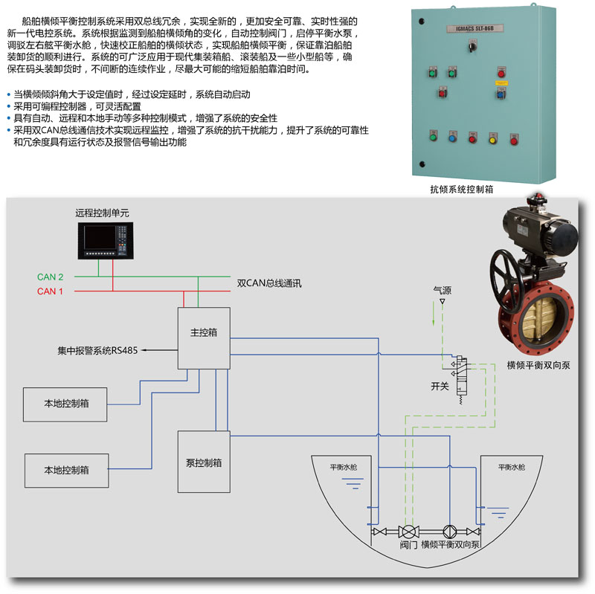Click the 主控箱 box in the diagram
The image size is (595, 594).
[203, 337]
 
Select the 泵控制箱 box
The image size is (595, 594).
[203, 462]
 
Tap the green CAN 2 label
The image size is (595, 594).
[51, 277]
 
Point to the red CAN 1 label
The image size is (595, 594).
[51, 291]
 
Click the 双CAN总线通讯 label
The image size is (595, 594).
[269, 283]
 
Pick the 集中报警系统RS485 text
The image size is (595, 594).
[97, 349]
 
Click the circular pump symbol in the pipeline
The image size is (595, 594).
[449, 532]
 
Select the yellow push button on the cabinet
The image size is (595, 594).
[492, 138]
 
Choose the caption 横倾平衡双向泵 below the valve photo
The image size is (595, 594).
[538, 365]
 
